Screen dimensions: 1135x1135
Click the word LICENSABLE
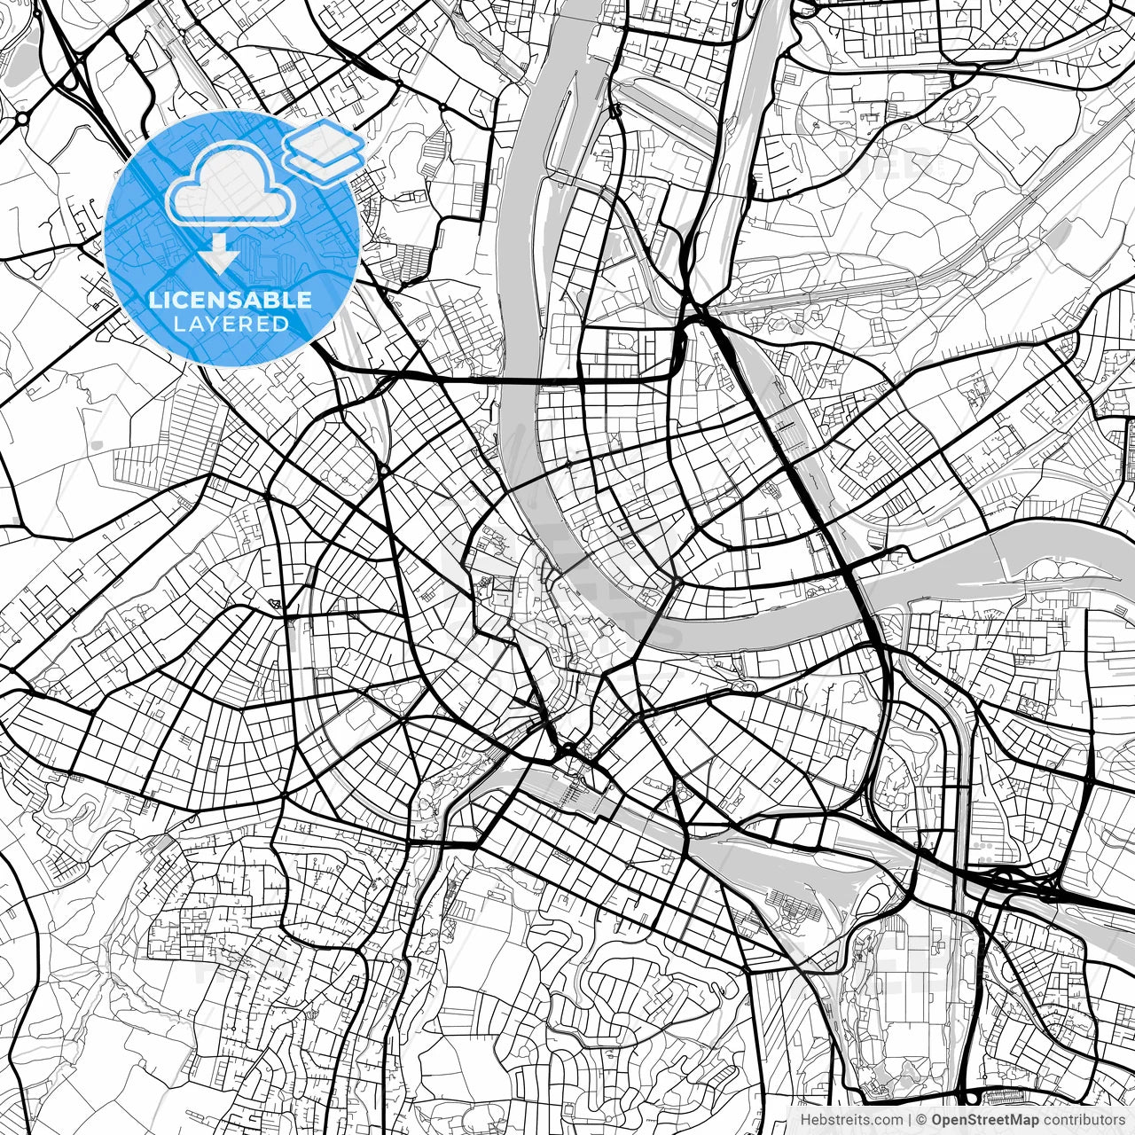[231, 300]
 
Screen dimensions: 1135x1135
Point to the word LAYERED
[231, 324]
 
